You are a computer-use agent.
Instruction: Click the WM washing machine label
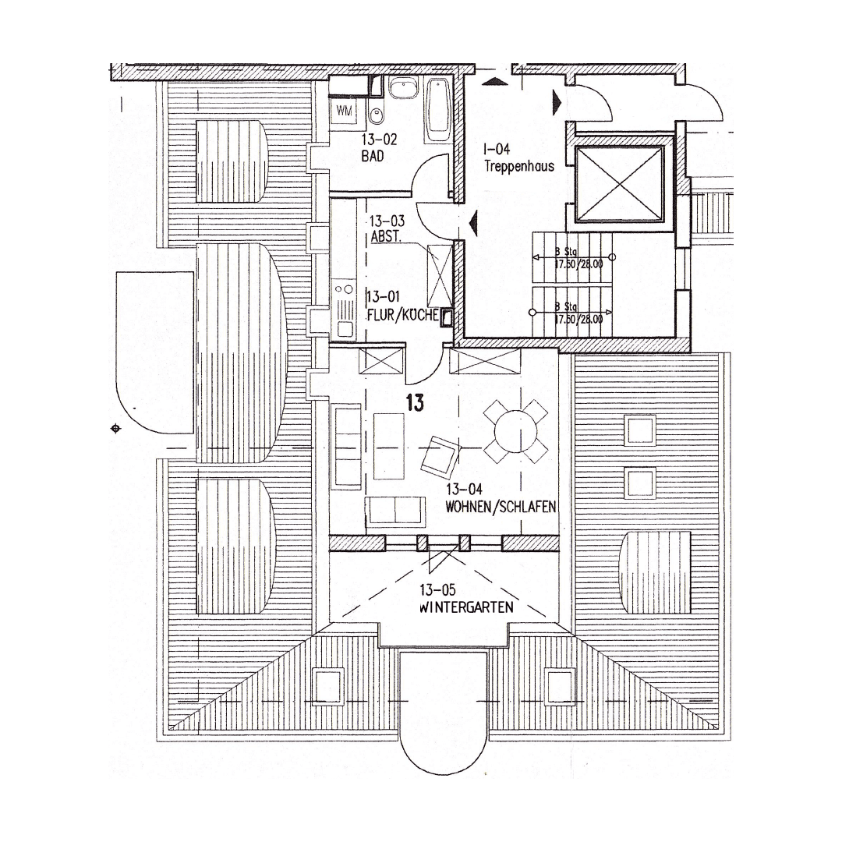pos(345,111)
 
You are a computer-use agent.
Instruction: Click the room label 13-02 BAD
pos(379,147)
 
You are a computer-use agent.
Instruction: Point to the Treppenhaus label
pos(518,158)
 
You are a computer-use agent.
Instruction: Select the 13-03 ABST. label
pos(387,229)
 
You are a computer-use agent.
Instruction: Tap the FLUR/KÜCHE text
pos(401,316)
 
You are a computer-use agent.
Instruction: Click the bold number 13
pos(415,402)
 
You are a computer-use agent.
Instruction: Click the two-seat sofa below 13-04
pos(395,511)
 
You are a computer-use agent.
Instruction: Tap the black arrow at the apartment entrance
pos(472,223)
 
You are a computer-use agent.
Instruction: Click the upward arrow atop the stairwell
pos(492,81)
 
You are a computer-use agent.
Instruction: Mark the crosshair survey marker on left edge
pos(116,428)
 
